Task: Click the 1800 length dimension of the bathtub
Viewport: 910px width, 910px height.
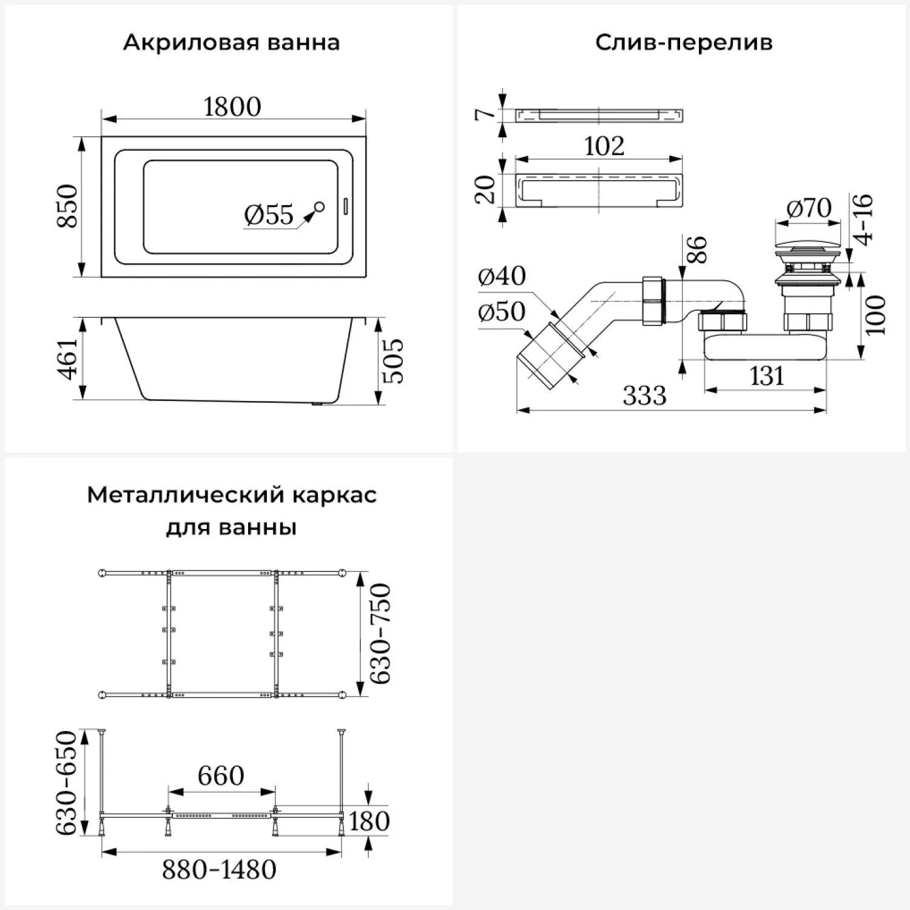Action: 232,107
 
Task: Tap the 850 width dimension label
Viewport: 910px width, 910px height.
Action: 69,206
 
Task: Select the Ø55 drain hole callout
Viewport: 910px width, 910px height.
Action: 269,215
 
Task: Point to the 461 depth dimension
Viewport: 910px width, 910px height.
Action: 69,359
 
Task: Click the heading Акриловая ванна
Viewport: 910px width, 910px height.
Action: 231,43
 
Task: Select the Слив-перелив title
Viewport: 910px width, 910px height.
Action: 684,43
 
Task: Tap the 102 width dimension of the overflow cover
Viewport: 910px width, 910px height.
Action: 604,146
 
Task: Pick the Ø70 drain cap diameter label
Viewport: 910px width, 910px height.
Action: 809,208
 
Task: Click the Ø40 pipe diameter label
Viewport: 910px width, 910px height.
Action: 502,276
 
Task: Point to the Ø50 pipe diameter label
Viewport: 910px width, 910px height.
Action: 502,312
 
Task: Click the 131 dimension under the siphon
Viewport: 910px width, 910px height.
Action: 767,376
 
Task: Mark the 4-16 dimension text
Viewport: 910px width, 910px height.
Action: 863,218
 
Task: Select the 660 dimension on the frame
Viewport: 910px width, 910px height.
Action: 221,775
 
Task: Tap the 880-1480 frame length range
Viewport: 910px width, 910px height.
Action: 219,870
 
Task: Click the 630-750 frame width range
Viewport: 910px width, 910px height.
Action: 380,633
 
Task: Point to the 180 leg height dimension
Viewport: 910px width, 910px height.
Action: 369,821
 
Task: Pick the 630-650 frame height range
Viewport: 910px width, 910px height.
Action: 67,783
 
